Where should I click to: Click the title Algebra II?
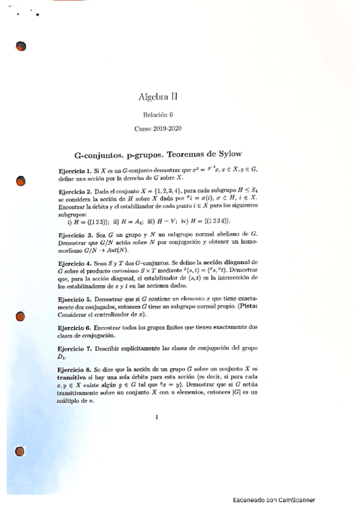coord(158,96)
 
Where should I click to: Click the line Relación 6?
coord(158,114)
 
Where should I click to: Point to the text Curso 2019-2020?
coord(158,128)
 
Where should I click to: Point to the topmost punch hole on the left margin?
coord(21,46)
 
